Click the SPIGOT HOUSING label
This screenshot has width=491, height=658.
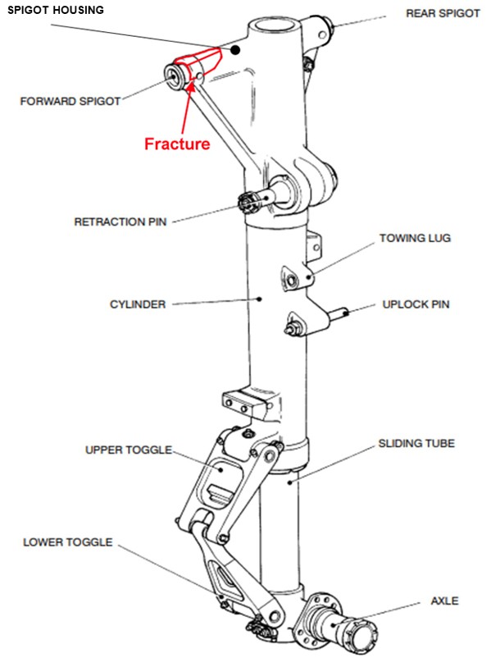click(56, 10)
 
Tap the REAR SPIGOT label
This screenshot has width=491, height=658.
click(443, 13)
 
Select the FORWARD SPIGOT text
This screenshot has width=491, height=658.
click(70, 101)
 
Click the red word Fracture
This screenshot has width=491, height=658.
click(177, 144)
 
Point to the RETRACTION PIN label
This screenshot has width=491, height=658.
click(120, 222)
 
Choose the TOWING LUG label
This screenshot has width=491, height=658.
click(415, 238)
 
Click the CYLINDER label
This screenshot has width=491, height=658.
click(138, 304)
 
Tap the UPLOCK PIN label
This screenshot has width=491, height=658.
click(416, 304)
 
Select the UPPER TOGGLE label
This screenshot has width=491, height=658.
click(129, 450)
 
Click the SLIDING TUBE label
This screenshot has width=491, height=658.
click(416, 443)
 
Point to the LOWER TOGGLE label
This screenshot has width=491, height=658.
click(68, 542)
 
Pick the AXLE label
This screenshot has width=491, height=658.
click(444, 601)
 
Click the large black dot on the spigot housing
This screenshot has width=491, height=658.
click(235, 50)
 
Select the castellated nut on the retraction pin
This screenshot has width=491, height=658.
click(246, 203)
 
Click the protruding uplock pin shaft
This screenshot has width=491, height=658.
click(338, 313)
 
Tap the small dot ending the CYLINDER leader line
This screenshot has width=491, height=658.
click(260, 299)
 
